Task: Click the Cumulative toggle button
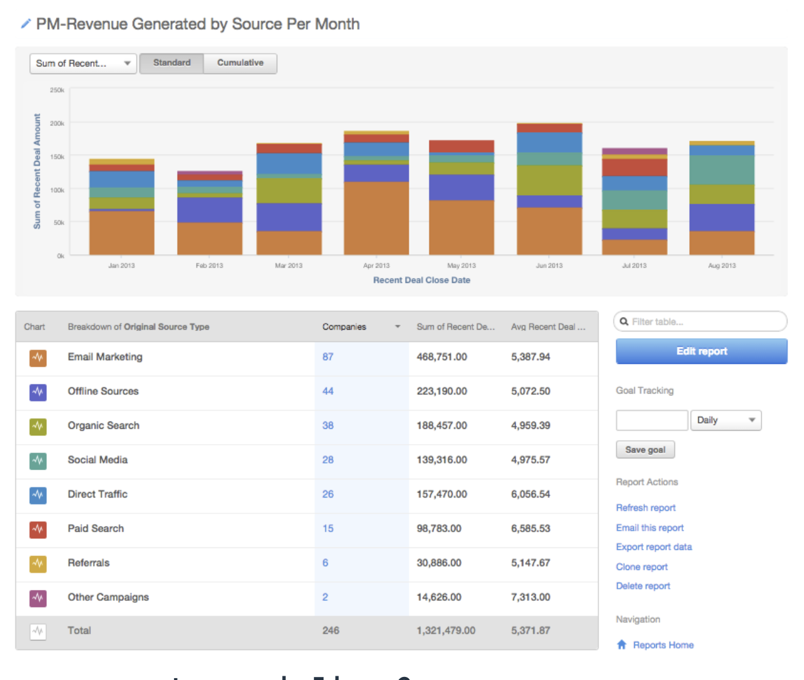pyautogui.click(x=240, y=63)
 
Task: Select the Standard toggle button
pyautogui.click(x=172, y=63)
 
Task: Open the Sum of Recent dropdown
pyautogui.click(x=83, y=63)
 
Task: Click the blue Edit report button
pyautogui.click(x=701, y=352)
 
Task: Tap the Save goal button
pyautogui.click(x=645, y=450)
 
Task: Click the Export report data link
pyautogui.click(x=654, y=547)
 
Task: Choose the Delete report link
pyautogui.click(x=643, y=586)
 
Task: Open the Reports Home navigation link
pyautogui.click(x=663, y=645)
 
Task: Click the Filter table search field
pyautogui.click(x=705, y=322)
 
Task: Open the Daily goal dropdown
pyautogui.click(x=726, y=420)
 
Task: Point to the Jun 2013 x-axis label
pyautogui.click(x=549, y=266)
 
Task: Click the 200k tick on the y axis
pyautogui.click(x=57, y=123)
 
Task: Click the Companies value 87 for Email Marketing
pyautogui.click(x=328, y=357)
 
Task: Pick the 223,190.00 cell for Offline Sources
pyautogui.click(x=442, y=392)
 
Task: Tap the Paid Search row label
pyautogui.click(x=95, y=529)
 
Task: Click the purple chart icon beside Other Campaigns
pyautogui.click(x=38, y=598)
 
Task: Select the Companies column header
pyautogui.click(x=344, y=327)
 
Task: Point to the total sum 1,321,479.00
pyautogui.click(x=446, y=631)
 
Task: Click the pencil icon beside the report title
pyautogui.click(x=26, y=24)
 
